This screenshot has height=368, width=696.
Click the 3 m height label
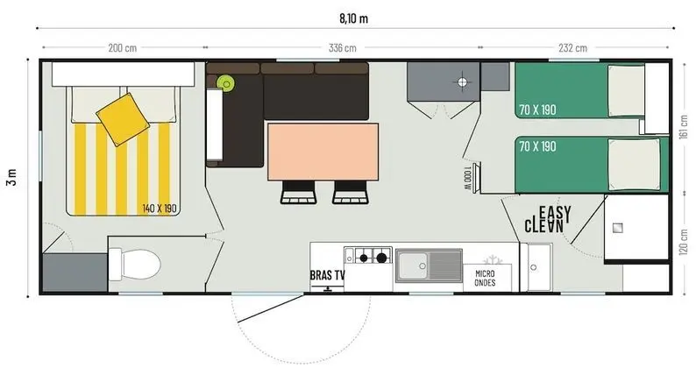point(12,176)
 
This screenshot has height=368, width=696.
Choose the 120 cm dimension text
point(685,237)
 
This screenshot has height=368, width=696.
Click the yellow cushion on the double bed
point(121,117)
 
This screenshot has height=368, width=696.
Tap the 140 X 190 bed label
point(160,209)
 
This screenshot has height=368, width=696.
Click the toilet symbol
point(135,262)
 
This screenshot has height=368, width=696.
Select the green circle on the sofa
point(226,84)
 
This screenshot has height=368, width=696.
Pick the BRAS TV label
point(327,275)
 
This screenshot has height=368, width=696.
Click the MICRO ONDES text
point(485,277)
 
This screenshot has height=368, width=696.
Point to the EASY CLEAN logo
point(549,218)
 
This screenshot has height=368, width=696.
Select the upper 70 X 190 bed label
point(536,110)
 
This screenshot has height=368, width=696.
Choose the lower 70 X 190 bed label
point(536,145)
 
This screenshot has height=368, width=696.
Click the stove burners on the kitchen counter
point(371,257)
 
